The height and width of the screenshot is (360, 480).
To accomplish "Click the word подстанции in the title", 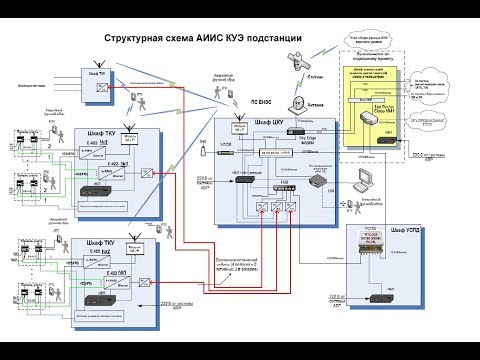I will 273,38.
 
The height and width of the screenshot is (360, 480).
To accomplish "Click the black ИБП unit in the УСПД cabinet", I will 381,297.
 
